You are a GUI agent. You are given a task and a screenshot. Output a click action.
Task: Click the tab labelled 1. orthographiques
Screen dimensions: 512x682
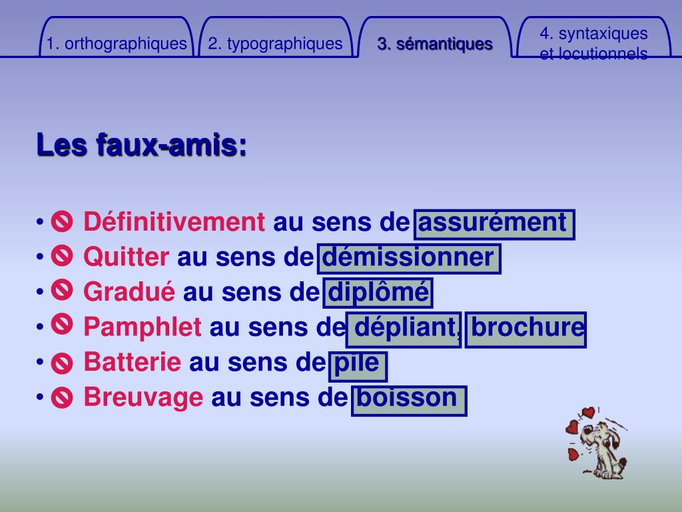tap(117, 44)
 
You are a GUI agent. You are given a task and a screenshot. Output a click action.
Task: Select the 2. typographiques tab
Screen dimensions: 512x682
tap(275, 44)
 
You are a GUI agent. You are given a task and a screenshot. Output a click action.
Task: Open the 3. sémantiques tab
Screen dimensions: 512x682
tap(435, 44)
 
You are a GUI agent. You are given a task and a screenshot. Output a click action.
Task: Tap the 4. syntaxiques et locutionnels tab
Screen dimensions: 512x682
tap(593, 43)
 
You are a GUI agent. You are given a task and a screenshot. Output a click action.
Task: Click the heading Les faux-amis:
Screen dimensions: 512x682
tap(141, 145)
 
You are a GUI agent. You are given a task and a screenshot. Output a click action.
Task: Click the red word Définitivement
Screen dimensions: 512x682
tap(174, 222)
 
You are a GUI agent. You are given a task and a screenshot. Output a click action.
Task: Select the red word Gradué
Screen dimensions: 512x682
tap(129, 292)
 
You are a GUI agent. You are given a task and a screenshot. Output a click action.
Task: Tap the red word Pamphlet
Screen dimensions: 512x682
tap(143, 327)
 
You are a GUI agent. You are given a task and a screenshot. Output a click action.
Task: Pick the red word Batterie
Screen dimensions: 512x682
tap(132, 362)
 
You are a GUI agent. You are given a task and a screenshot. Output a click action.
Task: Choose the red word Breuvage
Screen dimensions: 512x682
tap(143, 397)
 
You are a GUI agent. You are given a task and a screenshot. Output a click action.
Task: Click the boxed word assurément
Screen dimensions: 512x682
tap(494, 223)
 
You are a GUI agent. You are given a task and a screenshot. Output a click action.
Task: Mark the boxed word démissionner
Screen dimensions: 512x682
tap(409, 257)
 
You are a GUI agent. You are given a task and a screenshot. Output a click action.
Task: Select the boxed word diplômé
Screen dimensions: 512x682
tap(378, 293)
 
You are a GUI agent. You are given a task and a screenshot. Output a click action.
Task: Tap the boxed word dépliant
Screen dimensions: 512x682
tap(404, 328)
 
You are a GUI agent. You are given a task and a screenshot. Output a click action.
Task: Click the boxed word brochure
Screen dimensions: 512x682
tap(525, 328)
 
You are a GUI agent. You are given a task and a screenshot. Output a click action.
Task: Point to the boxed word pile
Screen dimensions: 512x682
tap(358, 363)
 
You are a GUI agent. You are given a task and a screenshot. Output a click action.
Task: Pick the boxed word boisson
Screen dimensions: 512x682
tap(408, 398)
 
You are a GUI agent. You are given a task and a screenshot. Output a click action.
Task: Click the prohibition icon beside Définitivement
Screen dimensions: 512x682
tap(61, 221)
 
